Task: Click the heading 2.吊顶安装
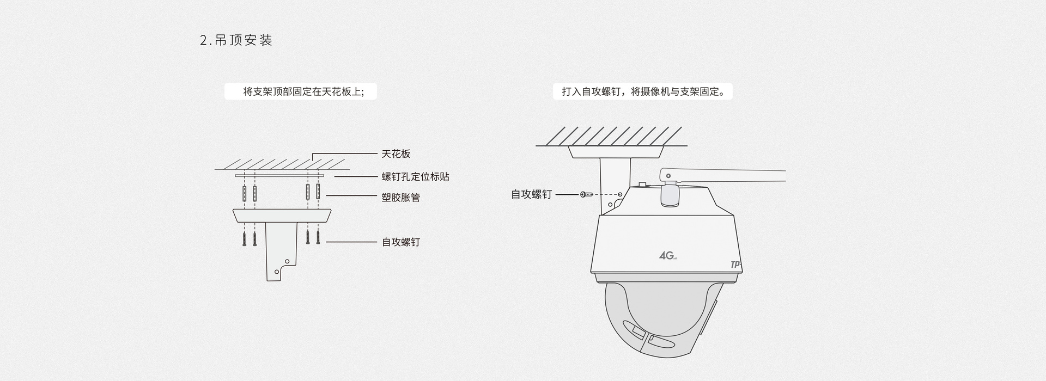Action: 236,40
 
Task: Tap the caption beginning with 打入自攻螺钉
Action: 643,91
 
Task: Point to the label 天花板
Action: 396,154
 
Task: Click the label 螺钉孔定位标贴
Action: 415,176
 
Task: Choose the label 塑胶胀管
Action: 400,197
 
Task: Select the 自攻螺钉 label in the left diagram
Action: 400,242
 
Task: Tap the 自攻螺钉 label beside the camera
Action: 531,194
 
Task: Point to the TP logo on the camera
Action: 735,265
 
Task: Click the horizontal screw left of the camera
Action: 587,194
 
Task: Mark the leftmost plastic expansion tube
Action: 245,193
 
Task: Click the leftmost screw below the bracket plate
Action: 245,238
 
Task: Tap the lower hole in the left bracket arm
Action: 277,271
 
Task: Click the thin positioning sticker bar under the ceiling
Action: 279,176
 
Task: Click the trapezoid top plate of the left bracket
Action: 282,216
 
